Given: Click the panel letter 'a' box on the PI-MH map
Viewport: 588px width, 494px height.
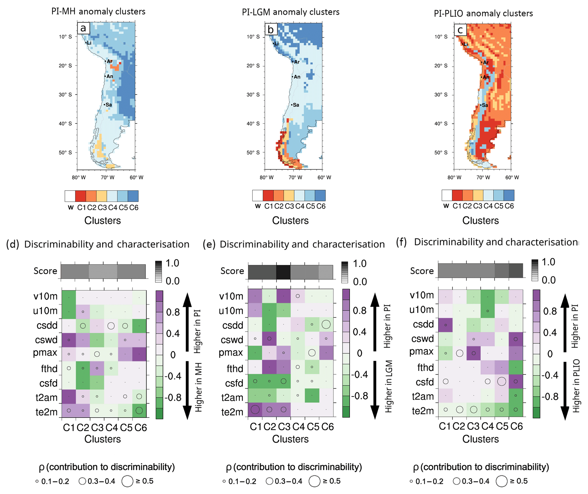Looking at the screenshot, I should tap(83, 28).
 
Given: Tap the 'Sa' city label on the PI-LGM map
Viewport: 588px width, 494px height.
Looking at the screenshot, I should tap(296, 105).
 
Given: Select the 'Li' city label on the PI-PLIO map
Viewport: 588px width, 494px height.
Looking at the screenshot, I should tap(466, 44).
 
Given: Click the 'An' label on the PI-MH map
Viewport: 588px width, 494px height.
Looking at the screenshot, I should tap(110, 76).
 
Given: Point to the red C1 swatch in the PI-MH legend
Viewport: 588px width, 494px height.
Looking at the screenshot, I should tap(81, 196).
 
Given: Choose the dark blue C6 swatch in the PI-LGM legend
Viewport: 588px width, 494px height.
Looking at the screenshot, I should tap(320, 195).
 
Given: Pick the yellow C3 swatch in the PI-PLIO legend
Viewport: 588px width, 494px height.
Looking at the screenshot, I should tap(478, 195).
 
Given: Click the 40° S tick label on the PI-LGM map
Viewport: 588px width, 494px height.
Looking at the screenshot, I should tap(253, 124).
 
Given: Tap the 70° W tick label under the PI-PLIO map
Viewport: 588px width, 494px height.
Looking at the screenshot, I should tap(483, 177).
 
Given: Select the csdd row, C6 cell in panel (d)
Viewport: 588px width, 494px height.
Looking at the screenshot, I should tap(139, 326).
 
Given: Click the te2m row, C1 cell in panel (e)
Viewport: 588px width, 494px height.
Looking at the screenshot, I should tap(255, 410).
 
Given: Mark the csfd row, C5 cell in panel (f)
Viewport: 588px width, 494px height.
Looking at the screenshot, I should tap(502, 381).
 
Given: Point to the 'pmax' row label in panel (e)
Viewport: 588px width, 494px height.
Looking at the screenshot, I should tap(230, 353).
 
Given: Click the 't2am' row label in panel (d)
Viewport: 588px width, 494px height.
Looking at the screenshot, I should tap(46, 397).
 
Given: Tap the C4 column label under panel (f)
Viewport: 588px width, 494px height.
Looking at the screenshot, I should tap(488, 426).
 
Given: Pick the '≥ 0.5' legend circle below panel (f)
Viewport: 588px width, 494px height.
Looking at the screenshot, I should tap(502, 481).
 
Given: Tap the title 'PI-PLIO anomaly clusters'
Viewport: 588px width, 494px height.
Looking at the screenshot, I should tap(483, 13).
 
